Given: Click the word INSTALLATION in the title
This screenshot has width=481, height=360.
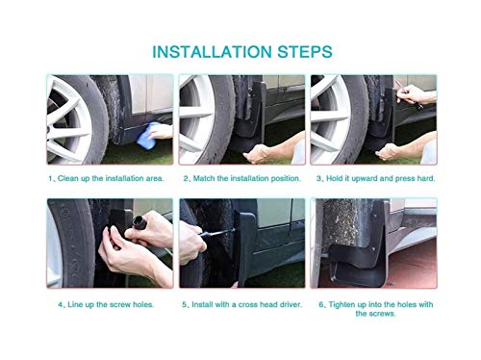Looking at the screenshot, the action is [212, 52].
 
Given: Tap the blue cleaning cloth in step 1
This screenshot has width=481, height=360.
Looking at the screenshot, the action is [148, 135].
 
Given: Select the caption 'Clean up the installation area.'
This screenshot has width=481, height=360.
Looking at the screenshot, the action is [111, 178].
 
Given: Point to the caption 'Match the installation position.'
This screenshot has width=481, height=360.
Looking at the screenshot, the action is [247, 178].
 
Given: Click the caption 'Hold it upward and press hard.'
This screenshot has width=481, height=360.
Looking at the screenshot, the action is [380, 178].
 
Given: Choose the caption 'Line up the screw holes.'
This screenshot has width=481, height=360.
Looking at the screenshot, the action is [111, 304].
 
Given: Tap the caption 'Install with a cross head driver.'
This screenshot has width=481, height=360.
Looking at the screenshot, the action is [247, 304].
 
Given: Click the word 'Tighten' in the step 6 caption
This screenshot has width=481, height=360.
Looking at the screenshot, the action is [342, 304].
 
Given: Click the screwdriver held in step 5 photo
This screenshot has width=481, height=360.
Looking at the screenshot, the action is [217, 233].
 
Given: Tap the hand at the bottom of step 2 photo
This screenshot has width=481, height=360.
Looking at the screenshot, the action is [258, 153].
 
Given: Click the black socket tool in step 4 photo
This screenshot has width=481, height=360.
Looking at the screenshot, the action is [139, 222].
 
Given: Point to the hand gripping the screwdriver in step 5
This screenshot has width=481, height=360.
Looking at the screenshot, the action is [190, 243].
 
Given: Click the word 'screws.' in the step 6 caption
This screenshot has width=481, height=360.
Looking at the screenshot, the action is [375, 314].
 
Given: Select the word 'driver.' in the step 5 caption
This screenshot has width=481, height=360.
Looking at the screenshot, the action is [291, 304].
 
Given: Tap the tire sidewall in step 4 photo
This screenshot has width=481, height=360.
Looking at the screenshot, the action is [72, 243].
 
